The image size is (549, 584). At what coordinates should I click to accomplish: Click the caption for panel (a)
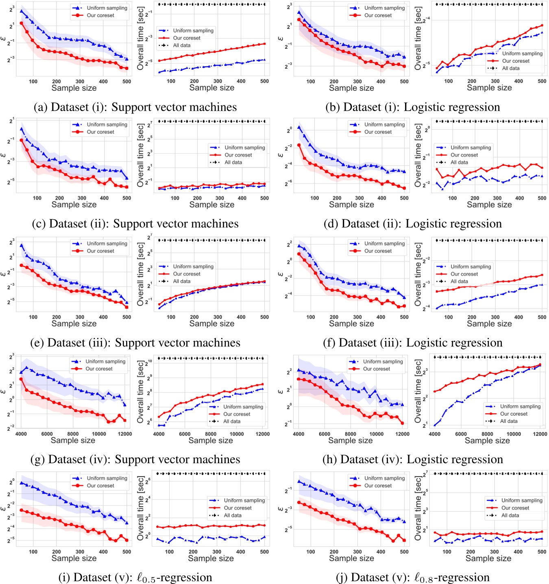tap(135, 107)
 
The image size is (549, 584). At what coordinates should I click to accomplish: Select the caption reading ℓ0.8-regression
tap(413, 577)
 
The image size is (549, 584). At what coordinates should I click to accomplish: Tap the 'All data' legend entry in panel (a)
tap(181, 45)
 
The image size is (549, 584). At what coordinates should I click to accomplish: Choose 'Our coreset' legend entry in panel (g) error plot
tap(99, 369)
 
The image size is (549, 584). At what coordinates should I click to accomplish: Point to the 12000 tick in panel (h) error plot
tap(402, 434)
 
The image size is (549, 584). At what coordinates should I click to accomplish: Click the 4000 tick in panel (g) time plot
tap(159, 434)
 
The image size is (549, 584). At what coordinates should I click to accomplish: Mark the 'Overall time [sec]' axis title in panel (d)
tap(418, 155)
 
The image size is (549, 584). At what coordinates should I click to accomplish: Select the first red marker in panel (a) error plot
tap(21, 23)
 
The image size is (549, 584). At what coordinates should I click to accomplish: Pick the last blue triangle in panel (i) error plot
tap(126, 523)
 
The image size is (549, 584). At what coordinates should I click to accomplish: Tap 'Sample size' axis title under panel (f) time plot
tap(489, 324)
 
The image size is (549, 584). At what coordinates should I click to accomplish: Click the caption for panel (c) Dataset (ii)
tap(135, 224)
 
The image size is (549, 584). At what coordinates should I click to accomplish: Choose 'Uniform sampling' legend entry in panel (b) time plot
tap(522, 53)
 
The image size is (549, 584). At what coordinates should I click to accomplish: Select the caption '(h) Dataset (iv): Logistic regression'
tap(413, 459)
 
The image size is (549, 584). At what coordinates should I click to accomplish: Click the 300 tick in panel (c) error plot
tap(82, 198)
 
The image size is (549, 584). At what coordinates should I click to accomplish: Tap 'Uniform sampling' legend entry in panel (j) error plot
tap(384, 478)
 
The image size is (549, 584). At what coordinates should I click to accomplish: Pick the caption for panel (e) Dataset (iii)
tap(135, 342)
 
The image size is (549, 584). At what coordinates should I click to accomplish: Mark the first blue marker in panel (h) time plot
tap(435, 425)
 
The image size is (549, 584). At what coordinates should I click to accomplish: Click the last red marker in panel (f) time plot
tap(542, 275)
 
